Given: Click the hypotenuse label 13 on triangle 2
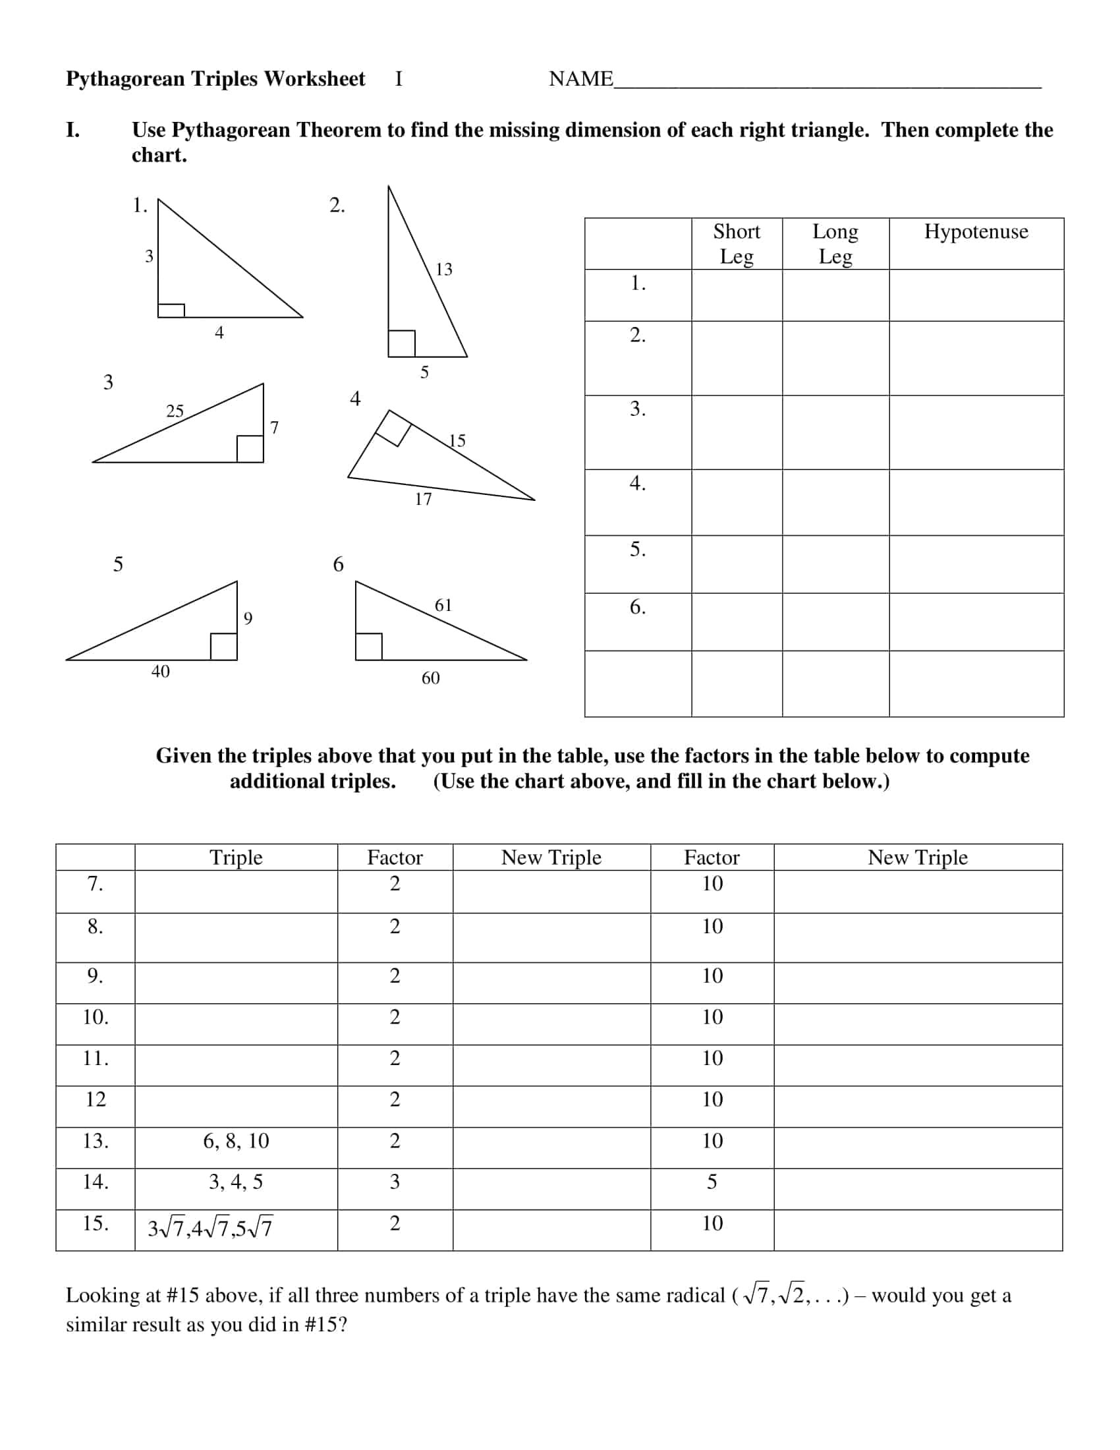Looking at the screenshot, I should pos(444,269).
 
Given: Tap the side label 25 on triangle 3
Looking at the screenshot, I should pos(175,411).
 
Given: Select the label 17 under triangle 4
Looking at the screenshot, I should pos(424,500).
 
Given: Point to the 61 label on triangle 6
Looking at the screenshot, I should pos(443,605).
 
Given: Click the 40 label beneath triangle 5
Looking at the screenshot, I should pos(161,671).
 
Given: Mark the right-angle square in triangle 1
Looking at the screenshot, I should pos(171,310).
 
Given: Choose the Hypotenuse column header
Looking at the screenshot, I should pos(976,232).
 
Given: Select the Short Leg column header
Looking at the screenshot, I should pos(737,243).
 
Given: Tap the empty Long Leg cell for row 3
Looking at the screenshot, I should pos(835,432).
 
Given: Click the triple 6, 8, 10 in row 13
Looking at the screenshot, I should pos(237,1141).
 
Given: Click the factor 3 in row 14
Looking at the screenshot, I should pos(395,1182).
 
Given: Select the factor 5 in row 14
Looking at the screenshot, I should pos(712,1182).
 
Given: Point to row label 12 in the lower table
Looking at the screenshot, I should pos(96,1099).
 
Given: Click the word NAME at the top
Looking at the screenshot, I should pos(580,79).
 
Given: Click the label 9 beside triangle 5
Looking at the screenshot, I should pos(248,618).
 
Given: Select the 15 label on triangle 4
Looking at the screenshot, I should pos(457,440).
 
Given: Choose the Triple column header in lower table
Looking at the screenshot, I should pos(237,857).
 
